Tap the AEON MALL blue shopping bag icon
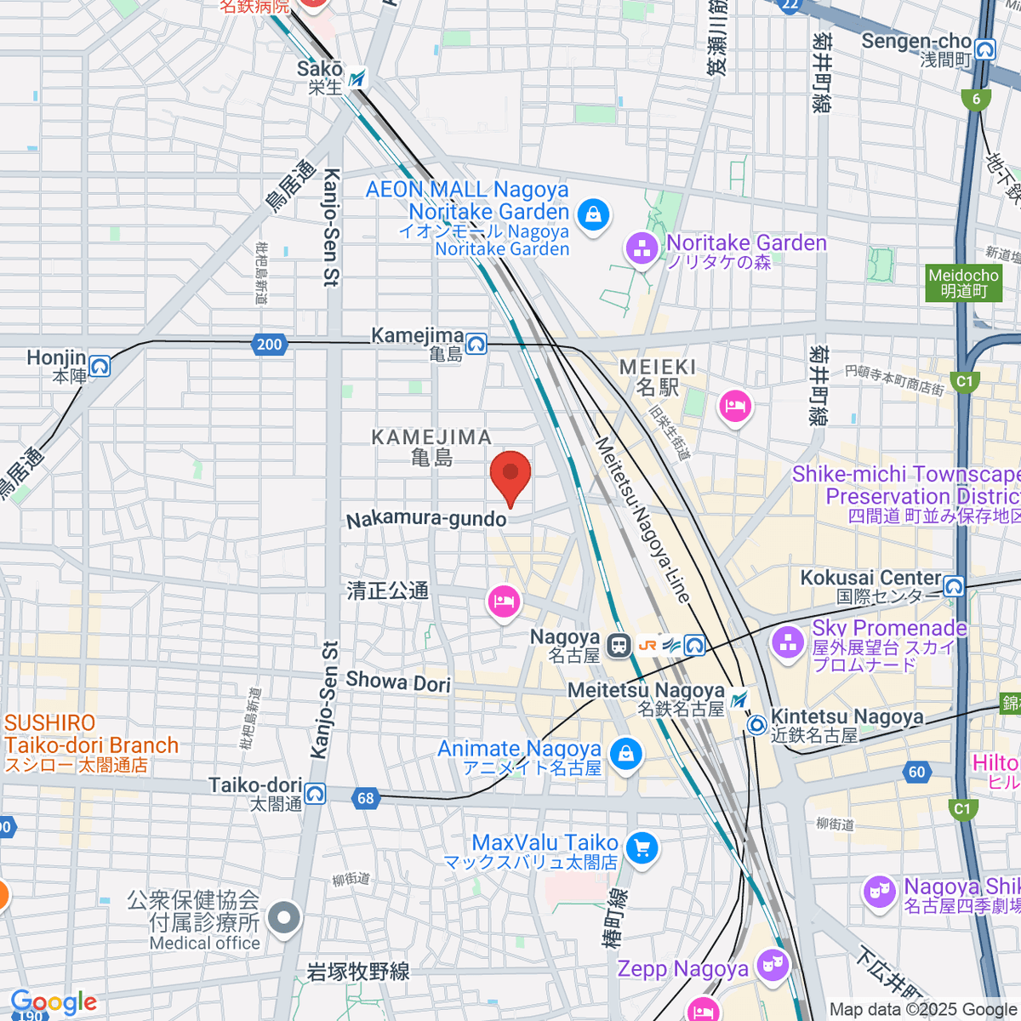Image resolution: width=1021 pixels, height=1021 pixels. pyautogui.click(x=593, y=214)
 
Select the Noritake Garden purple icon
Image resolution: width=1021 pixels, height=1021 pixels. pyautogui.click(x=642, y=249)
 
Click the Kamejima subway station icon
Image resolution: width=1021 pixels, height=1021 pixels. pyautogui.click(x=476, y=343)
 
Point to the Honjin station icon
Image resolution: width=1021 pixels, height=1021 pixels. pyautogui.click(x=100, y=367)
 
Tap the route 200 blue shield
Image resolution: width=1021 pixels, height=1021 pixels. pyautogui.click(x=269, y=345)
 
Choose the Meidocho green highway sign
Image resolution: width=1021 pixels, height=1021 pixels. pyautogui.click(x=963, y=283)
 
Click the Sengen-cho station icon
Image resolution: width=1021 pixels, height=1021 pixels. pyautogui.click(x=985, y=50)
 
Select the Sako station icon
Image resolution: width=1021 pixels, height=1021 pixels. pyautogui.click(x=358, y=78)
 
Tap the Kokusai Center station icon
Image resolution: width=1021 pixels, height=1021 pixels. pyautogui.click(x=954, y=586)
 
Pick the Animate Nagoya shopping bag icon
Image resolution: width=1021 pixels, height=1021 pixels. pyautogui.click(x=626, y=754)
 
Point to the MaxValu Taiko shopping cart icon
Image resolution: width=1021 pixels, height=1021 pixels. pyautogui.click(x=642, y=848)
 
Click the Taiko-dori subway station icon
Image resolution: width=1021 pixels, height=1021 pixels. pyautogui.click(x=315, y=794)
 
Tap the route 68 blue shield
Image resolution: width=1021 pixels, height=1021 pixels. pyautogui.click(x=365, y=798)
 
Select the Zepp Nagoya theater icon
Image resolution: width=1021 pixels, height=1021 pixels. pyautogui.click(x=773, y=965)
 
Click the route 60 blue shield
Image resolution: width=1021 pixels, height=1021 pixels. pyautogui.click(x=916, y=773)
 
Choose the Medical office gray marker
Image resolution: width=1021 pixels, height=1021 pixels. pyautogui.click(x=284, y=919)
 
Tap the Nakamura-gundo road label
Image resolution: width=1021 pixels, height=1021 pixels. pyautogui.click(x=426, y=519)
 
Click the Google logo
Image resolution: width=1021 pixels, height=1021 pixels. pyautogui.click(x=54, y=1002)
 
